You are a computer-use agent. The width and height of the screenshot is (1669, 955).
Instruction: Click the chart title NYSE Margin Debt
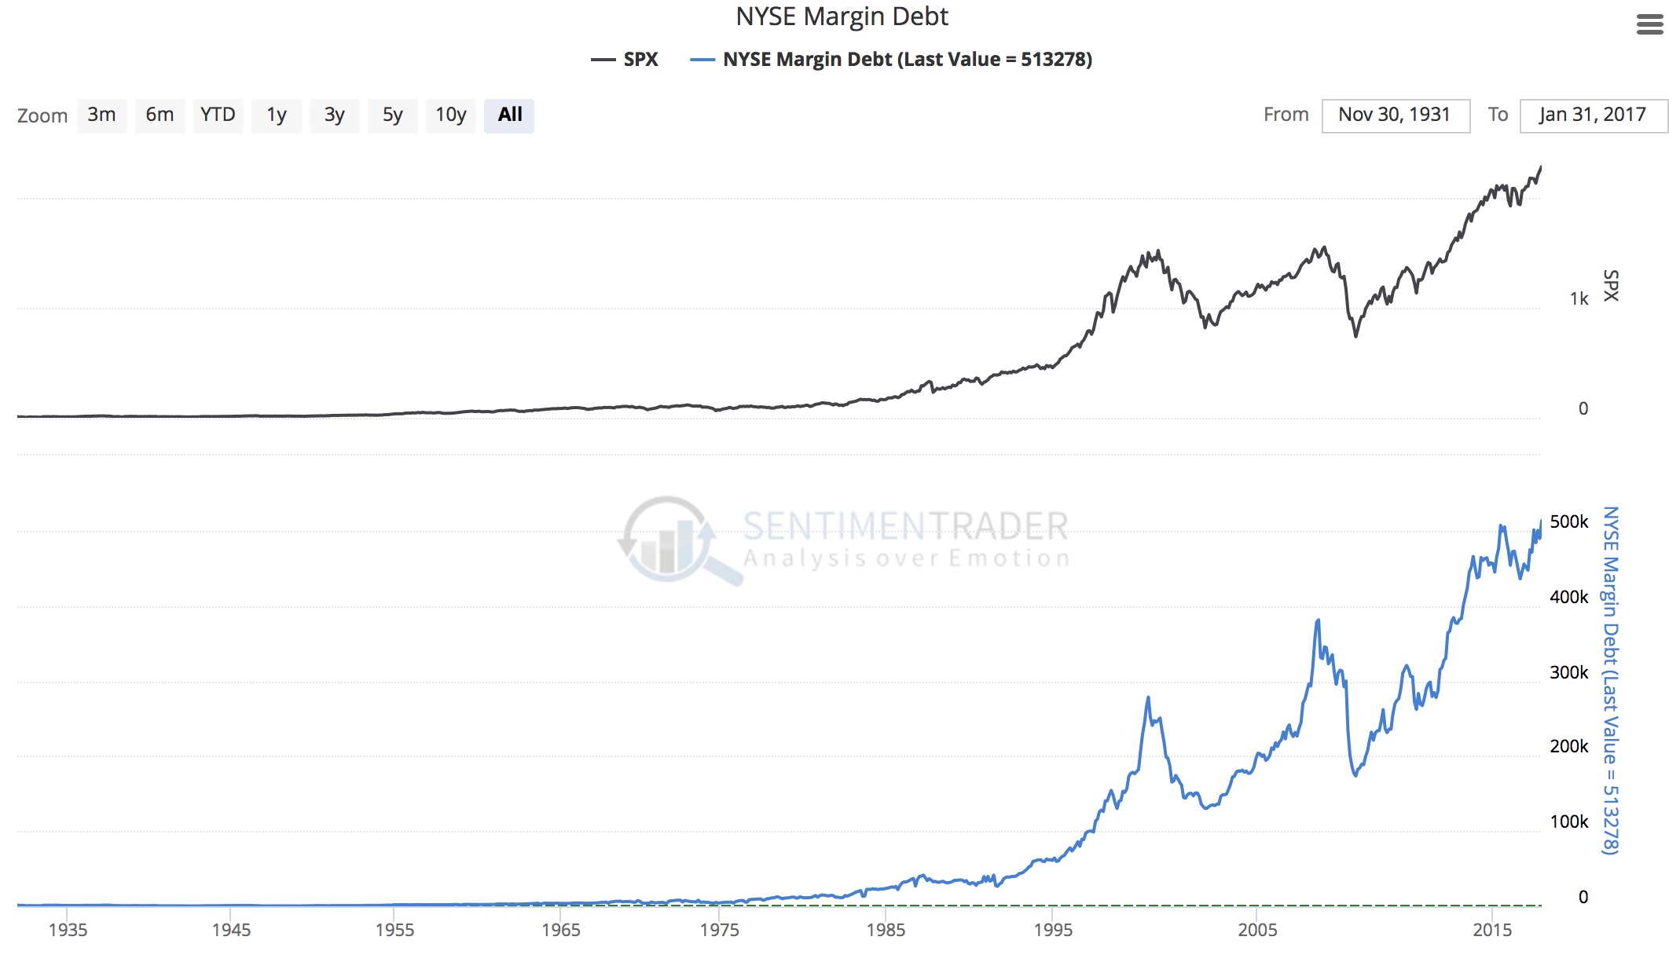click(x=842, y=16)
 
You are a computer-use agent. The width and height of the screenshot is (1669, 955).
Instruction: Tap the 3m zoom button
click(x=101, y=115)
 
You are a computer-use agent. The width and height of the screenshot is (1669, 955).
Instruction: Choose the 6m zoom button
click(x=160, y=115)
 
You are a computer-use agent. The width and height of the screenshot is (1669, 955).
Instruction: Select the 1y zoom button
click(x=276, y=115)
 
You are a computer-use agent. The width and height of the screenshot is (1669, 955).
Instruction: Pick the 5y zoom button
click(x=392, y=115)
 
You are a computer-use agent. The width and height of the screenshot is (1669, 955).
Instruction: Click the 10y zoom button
click(x=451, y=115)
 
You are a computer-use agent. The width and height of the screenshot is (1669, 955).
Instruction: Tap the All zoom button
click(x=509, y=115)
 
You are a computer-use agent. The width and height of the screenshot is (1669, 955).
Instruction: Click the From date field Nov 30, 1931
click(x=1395, y=115)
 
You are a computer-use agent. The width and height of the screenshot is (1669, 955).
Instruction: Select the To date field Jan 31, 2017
click(x=1593, y=115)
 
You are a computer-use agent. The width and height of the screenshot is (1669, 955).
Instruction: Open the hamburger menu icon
click(x=1649, y=25)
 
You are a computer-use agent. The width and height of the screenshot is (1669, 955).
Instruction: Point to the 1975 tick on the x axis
click(x=720, y=930)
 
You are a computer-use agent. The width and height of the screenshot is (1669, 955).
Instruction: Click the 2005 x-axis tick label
click(x=1257, y=930)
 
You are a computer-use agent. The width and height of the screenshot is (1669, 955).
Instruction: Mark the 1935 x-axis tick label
click(x=68, y=930)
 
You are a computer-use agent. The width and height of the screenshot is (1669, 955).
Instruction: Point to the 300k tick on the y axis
click(x=1568, y=672)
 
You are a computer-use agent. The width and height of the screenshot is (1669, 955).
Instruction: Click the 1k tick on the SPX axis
click(x=1579, y=298)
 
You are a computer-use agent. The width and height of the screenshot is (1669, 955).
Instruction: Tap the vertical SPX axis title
click(x=1611, y=286)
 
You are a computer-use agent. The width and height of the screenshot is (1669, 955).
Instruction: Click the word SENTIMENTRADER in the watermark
click(x=905, y=526)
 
